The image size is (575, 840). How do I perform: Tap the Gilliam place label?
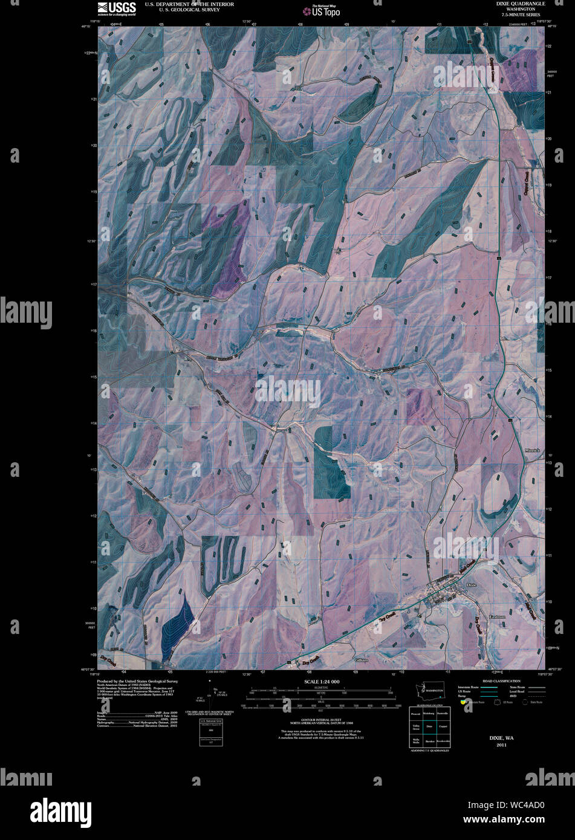(362, 660)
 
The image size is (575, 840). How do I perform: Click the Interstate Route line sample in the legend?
(489, 687)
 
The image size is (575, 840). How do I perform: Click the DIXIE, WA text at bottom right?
(501, 738)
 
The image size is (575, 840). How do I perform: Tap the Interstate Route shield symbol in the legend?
(464, 702)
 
